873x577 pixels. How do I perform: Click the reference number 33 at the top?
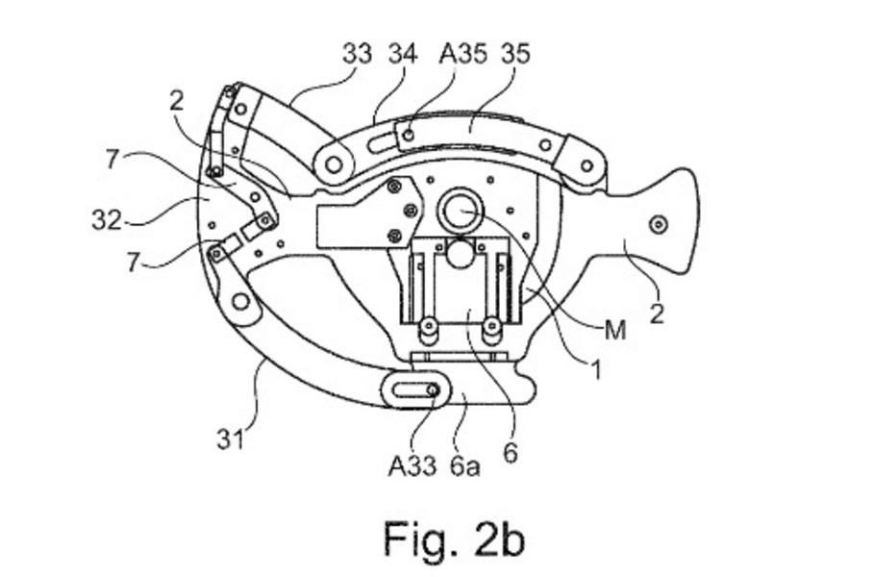tap(357, 54)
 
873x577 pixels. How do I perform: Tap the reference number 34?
tap(403, 54)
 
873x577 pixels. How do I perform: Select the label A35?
tap(462, 54)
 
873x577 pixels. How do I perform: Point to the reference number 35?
tap(516, 54)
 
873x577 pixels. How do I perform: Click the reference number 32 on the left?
tap(107, 220)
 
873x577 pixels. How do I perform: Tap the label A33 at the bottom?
tap(412, 465)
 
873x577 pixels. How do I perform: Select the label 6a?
tap(465, 465)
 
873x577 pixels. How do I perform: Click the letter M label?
tap(615, 330)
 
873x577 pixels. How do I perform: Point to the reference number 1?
tap(596, 369)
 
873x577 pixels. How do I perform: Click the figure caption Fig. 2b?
tap(454, 538)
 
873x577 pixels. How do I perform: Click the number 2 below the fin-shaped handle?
tap(657, 314)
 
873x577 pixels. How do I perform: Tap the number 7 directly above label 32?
tap(112, 160)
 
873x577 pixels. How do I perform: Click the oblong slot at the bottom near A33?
tap(412, 390)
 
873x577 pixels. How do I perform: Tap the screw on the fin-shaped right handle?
tap(660, 224)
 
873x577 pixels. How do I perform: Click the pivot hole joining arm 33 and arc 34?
tap(334, 164)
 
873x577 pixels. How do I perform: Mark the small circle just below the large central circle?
tap(460, 254)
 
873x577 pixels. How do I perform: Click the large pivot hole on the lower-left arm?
tap(240, 301)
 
